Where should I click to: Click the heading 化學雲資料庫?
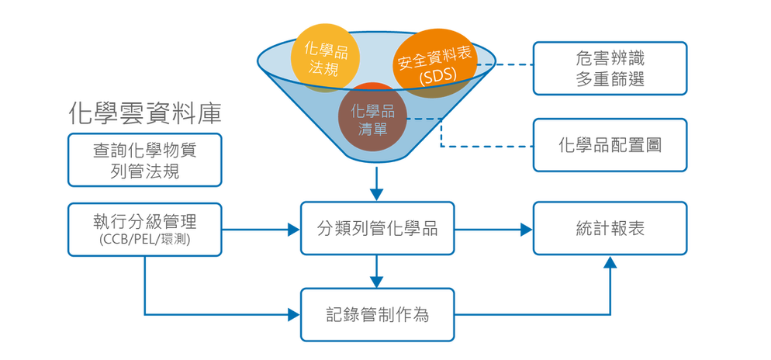(x=145, y=114)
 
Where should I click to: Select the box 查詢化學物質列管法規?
(x=144, y=160)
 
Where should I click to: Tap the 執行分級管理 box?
(x=144, y=229)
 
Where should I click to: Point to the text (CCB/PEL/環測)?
(x=144, y=241)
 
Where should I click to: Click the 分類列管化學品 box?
(x=377, y=228)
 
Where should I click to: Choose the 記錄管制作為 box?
(x=377, y=315)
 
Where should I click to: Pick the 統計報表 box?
(x=610, y=228)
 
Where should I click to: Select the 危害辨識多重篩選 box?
(x=610, y=68)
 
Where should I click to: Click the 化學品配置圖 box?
(x=610, y=145)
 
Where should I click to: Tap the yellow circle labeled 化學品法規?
(x=323, y=57)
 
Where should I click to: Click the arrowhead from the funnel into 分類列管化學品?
(x=377, y=194)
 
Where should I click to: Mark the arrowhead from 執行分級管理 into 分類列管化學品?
(x=294, y=229)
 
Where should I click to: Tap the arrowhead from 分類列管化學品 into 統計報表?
(x=527, y=229)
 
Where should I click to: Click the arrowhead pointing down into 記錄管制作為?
(x=377, y=282)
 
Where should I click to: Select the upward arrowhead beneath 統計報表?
(x=610, y=261)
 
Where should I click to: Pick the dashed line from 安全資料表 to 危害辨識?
(x=505, y=64)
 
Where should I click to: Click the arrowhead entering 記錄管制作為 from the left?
(x=294, y=315)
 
